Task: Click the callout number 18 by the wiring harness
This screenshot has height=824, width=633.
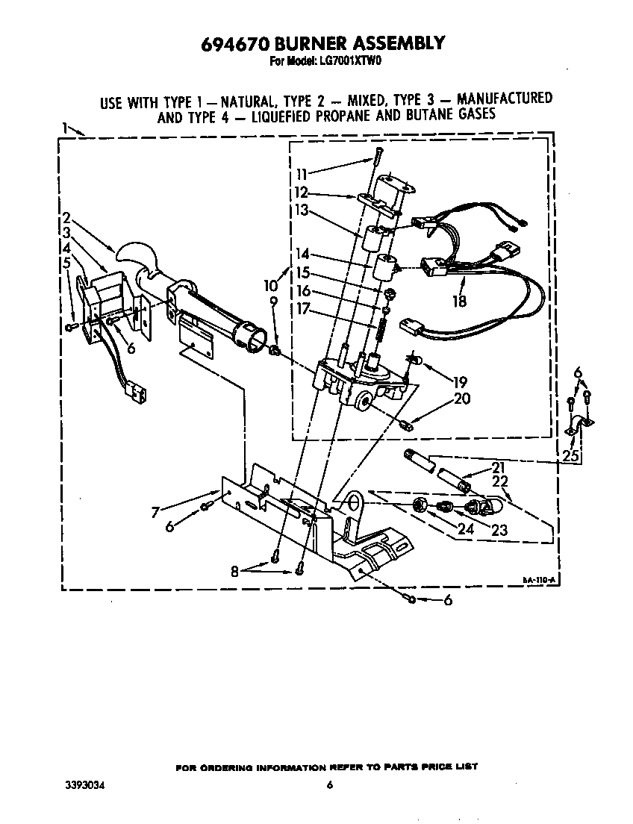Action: (460, 301)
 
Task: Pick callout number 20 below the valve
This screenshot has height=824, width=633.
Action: (461, 399)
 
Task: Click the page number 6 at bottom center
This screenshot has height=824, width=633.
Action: (329, 784)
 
